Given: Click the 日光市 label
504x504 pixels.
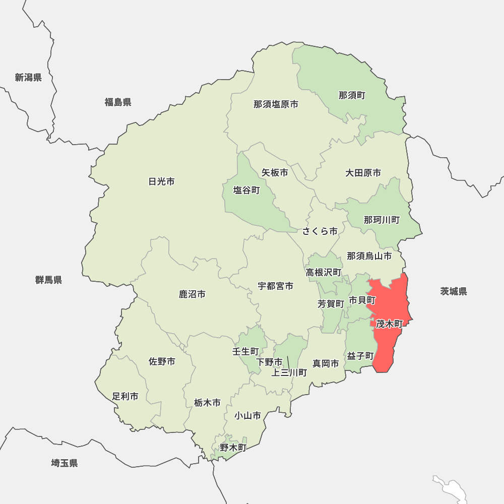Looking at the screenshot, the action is (162, 181).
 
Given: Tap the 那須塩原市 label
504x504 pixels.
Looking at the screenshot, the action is (276, 104).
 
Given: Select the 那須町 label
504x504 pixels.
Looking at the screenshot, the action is (352, 95).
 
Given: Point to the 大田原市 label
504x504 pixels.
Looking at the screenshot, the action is (363, 173).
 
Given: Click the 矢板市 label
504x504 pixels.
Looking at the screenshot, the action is (275, 172).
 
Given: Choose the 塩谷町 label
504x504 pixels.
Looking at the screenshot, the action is (246, 191).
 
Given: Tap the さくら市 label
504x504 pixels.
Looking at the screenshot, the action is (320, 231).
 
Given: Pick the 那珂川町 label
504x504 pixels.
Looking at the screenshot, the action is (382, 220).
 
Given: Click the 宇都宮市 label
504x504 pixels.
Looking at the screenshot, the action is (276, 286).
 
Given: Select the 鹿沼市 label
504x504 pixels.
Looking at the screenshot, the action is (192, 294).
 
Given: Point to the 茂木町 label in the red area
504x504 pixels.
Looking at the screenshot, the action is (389, 324).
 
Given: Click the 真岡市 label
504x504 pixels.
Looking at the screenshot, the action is (326, 363).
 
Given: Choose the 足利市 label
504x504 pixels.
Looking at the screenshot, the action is (125, 396).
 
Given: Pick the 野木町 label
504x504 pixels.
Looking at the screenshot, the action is (233, 447).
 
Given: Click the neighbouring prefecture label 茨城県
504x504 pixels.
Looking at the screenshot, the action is (453, 291).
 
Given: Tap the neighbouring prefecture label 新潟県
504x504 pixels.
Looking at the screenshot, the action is (28, 77).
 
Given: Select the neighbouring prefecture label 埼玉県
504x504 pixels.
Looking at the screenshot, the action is (65, 463).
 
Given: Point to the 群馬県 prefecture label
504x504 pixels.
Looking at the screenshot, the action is (48, 280).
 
